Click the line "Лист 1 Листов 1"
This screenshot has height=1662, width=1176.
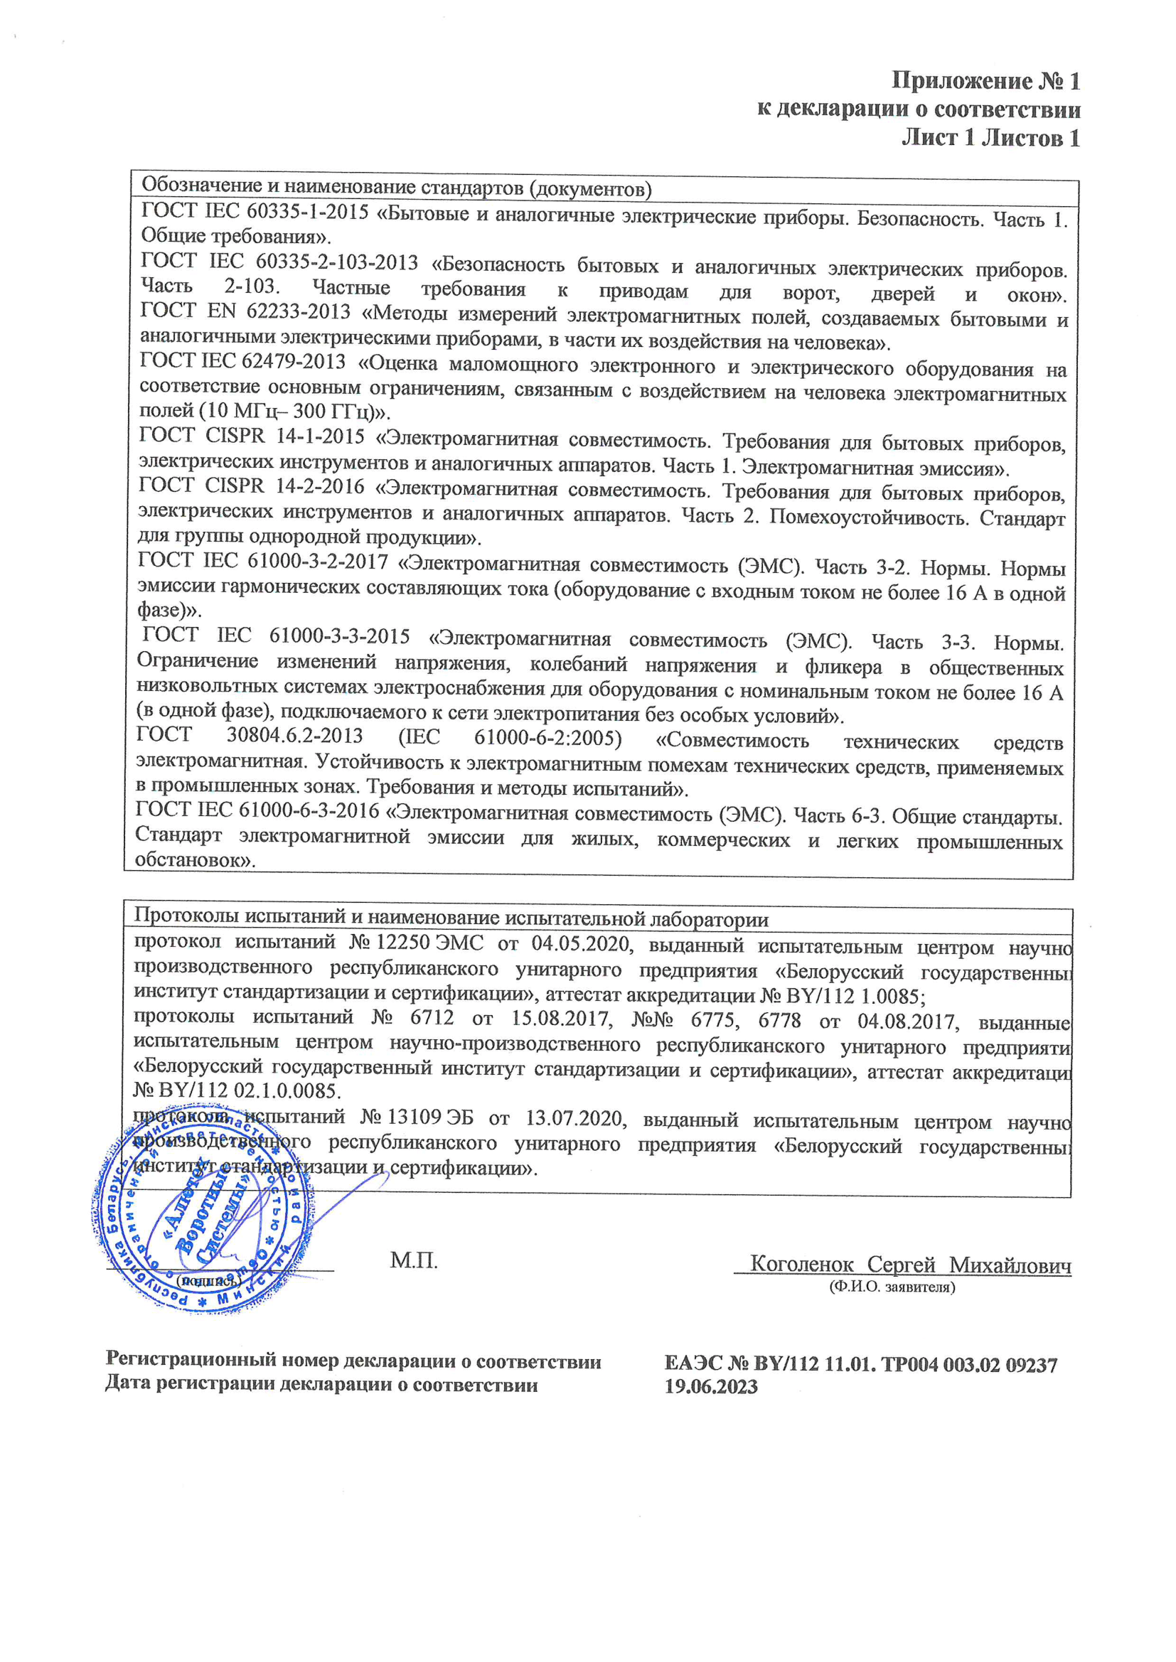pyautogui.click(x=990, y=137)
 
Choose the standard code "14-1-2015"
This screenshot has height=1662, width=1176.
pyautogui.click(x=319, y=436)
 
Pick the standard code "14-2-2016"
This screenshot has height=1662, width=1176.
pyautogui.click(x=319, y=486)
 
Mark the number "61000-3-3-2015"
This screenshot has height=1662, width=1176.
pyautogui.click(x=339, y=636)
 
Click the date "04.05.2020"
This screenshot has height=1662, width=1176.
pyautogui.click(x=582, y=944)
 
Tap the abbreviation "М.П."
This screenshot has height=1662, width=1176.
pyautogui.click(x=414, y=1260)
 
